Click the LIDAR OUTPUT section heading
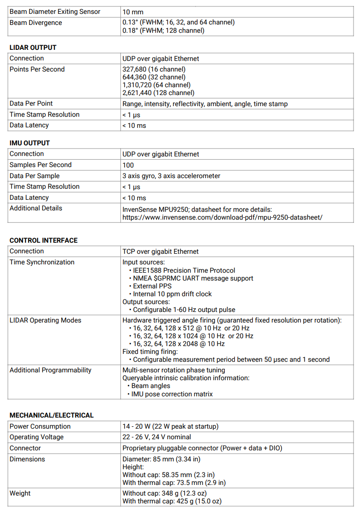tap(33, 48)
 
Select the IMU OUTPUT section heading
tap(30, 143)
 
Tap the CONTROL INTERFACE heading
tap(43, 240)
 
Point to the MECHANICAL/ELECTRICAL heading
tap(51, 415)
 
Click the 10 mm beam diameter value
tap(132, 12)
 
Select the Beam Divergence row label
tap(36, 23)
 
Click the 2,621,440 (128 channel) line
tap(158, 93)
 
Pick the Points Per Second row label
tap(37, 69)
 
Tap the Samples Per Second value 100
tap(128, 165)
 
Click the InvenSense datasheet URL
tap(222, 217)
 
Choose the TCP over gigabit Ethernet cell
tap(160, 251)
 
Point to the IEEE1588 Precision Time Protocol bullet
tap(184, 270)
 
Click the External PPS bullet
tap(152, 286)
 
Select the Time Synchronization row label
tap(42, 262)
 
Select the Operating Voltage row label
tap(36, 437)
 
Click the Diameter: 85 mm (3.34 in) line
tap(161, 459)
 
